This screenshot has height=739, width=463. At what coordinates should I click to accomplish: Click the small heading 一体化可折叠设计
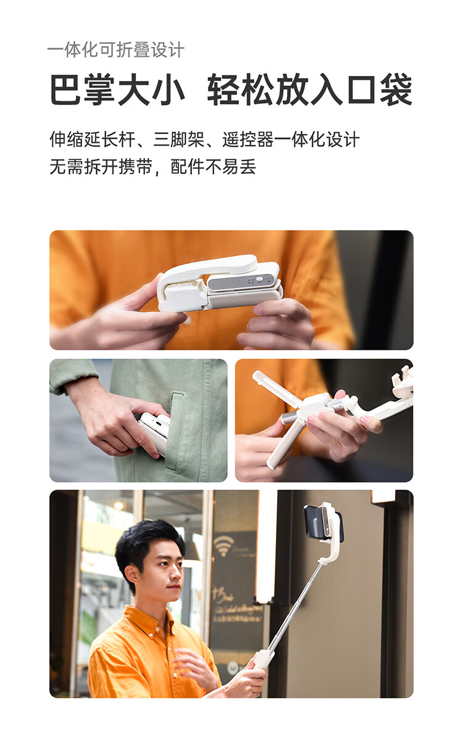(x=116, y=50)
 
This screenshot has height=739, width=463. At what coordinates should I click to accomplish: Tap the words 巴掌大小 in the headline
(x=117, y=90)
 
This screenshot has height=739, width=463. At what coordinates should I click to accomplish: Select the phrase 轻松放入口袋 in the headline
(x=309, y=90)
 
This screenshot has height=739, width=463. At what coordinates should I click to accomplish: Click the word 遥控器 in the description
(x=248, y=140)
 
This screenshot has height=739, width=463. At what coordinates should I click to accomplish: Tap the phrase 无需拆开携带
(x=101, y=166)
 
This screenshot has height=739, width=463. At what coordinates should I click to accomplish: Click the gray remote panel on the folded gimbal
(x=241, y=283)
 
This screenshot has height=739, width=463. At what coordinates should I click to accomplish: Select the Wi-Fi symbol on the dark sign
(x=222, y=545)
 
